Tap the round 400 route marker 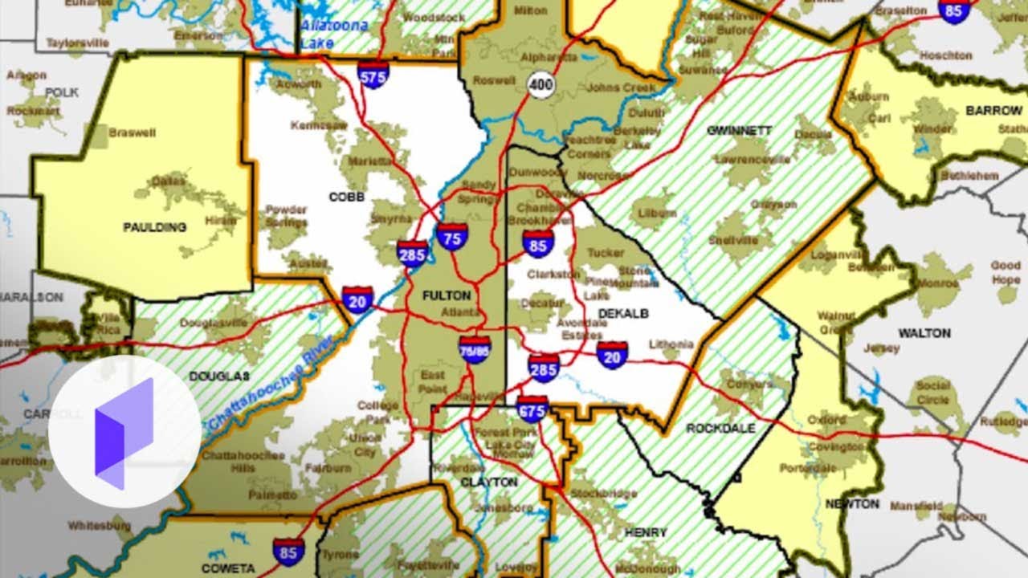point(542,84)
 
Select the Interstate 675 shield point(532,409)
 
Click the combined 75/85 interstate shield point(475,350)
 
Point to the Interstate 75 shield point(452,237)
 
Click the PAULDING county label point(154,227)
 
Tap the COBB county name point(347,197)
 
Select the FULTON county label point(447,295)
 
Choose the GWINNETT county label point(739,130)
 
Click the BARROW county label point(993,110)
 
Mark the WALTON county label point(924,332)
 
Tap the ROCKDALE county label point(720,429)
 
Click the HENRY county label point(645,532)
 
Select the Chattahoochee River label point(259,387)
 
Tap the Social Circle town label point(932,393)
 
